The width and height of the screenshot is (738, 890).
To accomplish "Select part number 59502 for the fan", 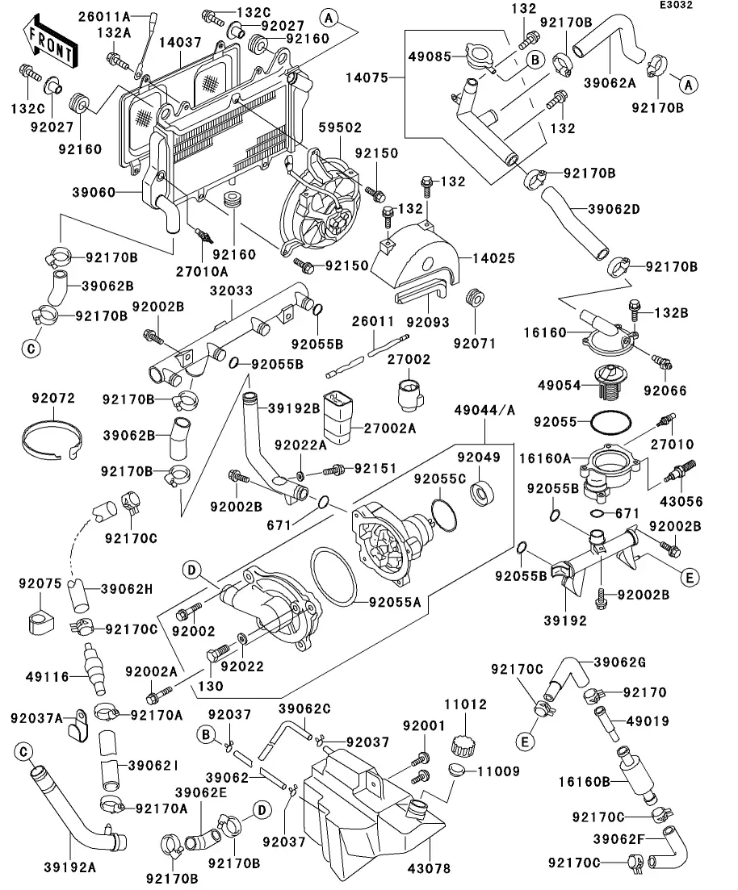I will [341, 127].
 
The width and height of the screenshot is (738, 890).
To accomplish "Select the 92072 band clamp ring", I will [53, 437].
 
